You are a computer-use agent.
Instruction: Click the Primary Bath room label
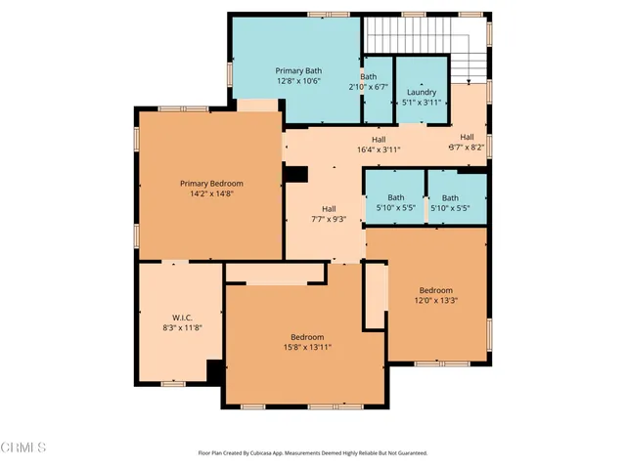click(x=299, y=70)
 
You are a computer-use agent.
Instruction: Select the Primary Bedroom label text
click(x=211, y=183)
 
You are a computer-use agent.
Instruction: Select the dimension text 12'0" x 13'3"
click(x=436, y=301)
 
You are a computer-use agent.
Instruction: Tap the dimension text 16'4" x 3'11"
click(x=378, y=150)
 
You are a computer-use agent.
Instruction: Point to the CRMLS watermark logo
click(x=23, y=448)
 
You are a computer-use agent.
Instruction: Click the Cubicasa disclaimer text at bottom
click(x=312, y=453)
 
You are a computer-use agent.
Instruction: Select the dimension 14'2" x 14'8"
click(x=211, y=193)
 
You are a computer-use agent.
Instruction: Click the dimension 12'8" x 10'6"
click(x=299, y=81)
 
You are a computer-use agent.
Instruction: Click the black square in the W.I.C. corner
click(x=214, y=370)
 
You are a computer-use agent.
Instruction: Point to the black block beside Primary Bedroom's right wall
click(x=295, y=173)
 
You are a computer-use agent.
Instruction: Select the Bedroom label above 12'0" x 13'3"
click(x=436, y=290)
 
